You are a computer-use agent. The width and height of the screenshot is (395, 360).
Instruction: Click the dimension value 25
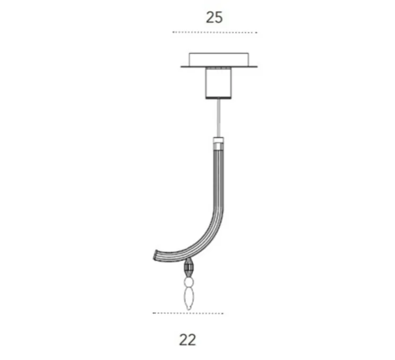tap(214, 17)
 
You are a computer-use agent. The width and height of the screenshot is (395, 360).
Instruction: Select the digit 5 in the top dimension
tap(219, 17)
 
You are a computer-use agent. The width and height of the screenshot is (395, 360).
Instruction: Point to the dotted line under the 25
tap(214, 32)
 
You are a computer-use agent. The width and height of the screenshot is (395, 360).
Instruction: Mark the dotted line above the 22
tap(187, 313)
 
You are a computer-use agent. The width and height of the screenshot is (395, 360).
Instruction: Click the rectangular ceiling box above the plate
tap(219, 58)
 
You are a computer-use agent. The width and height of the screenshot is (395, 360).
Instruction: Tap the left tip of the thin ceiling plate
tap(182, 66)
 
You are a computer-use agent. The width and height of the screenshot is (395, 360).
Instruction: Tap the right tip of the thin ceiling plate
tap(258, 66)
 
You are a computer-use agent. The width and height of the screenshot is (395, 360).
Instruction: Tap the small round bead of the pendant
tap(188, 281)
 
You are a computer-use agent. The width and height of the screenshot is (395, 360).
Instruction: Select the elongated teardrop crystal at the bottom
tap(188, 297)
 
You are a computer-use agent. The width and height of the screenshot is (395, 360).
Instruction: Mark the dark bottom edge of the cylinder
tap(219, 98)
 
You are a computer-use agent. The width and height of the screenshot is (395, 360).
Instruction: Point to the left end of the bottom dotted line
tap(153, 313)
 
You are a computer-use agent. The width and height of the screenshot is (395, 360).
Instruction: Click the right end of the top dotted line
tap(256, 32)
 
